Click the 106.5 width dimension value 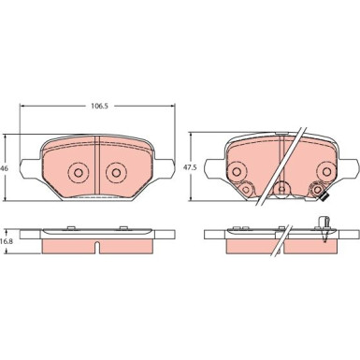(x=99, y=107)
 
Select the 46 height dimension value (x=4, y=168)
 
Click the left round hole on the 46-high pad (x=79, y=172)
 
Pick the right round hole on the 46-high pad (x=116, y=172)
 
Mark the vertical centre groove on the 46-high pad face (x=96, y=166)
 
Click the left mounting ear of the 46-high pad (x=30, y=168)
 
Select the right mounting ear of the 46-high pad (x=165, y=168)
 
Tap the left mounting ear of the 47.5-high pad (x=215, y=168)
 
